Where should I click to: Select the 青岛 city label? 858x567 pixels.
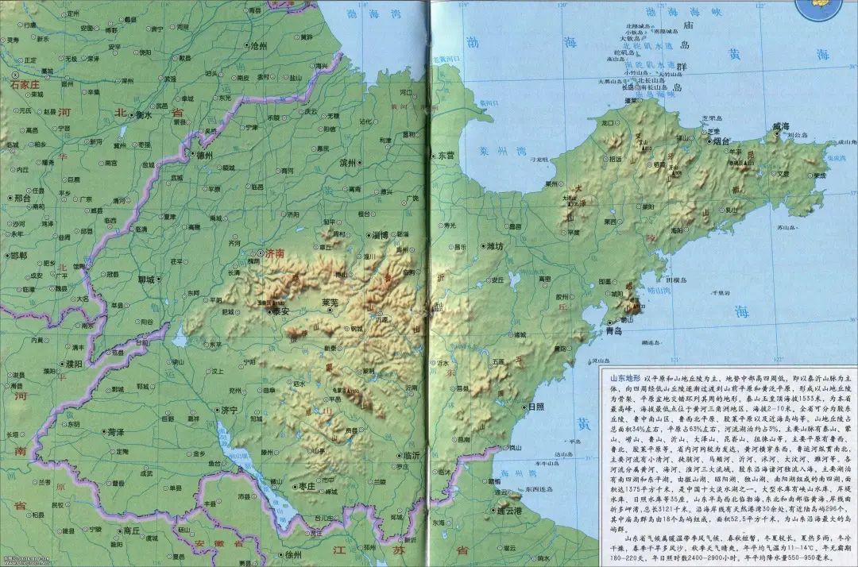613,330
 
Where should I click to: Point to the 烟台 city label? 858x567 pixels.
721,141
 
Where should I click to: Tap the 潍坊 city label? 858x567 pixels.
496,247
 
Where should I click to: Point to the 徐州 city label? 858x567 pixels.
294,554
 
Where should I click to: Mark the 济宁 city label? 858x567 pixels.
229,411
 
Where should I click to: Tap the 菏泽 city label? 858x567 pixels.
114,432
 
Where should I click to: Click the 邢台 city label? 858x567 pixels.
21,198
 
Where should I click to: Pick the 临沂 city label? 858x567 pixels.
412,456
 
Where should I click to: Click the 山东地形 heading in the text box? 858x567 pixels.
624,379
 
